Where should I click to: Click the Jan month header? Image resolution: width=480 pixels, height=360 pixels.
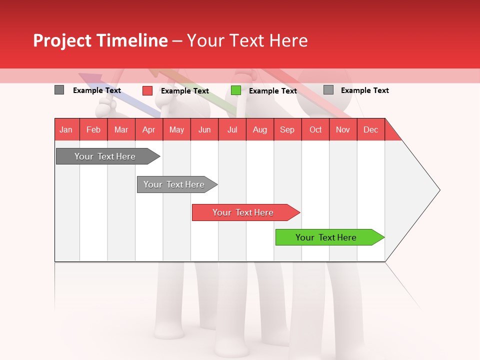point(66,129)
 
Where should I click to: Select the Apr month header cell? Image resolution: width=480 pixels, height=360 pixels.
point(148,129)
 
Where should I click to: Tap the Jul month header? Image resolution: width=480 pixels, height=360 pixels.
point(232,129)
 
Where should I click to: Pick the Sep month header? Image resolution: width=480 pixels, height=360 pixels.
point(287,129)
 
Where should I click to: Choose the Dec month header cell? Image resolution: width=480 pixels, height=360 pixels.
point(370,129)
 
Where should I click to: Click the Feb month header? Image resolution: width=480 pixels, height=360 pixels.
point(93,129)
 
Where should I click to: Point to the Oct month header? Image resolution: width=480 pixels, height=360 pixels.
point(315,129)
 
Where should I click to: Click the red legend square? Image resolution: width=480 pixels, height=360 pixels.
point(147,90)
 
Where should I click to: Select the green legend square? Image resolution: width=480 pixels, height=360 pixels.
point(236,90)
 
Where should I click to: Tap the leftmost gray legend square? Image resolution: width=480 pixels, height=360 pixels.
point(59,90)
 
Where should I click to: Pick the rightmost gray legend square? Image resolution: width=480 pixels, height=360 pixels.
point(328,90)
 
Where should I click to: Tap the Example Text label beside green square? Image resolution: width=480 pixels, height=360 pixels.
point(272,91)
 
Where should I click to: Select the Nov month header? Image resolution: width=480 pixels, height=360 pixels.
point(343,129)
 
